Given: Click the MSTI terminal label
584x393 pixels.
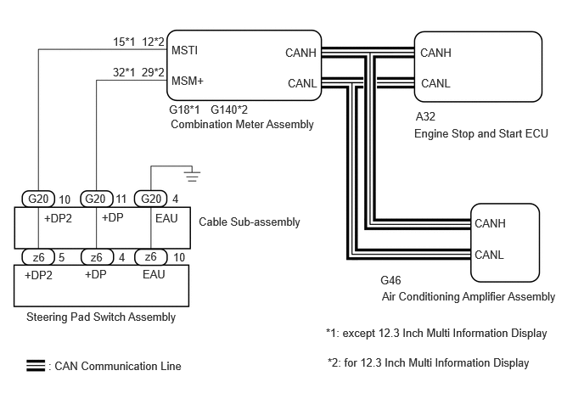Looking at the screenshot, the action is click(184, 50).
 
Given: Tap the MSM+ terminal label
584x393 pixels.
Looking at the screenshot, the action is click(188, 81).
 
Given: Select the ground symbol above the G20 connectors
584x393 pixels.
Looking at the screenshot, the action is click(192, 176).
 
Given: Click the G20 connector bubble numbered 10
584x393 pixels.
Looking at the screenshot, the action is click(38, 199).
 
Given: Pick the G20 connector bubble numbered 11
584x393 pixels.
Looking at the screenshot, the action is click(97, 199).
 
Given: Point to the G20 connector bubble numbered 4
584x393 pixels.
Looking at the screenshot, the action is click(150, 199).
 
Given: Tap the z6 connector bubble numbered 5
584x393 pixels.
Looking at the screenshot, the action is click(38, 257).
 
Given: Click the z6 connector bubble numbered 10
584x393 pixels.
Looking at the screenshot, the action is click(150, 257).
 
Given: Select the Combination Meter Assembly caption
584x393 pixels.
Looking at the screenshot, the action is click(242, 125).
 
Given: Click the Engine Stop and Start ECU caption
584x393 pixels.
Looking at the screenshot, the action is click(480, 134).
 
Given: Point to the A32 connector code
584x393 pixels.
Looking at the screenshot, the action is click(425, 116).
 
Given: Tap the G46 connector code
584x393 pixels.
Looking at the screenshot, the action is click(390, 280).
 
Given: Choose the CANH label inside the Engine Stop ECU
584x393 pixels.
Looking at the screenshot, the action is click(435, 53).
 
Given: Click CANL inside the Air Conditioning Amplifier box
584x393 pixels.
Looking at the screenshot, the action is click(489, 255).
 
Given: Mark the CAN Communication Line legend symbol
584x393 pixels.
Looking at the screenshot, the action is click(36, 366).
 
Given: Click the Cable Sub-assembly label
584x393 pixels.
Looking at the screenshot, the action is click(250, 222).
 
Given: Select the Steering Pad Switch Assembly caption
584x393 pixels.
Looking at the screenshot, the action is click(101, 317).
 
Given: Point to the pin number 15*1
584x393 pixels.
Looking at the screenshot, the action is click(124, 42).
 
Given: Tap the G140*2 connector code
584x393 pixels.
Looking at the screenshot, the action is click(229, 109).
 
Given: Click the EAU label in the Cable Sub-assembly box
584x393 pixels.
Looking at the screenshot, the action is click(166, 218).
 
